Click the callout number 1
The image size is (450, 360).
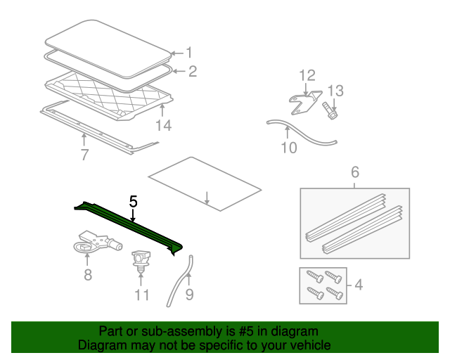[x=189, y=53]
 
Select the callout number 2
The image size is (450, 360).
[x=193, y=71]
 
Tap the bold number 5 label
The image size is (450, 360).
[x=133, y=202]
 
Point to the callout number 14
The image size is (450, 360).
[x=163, y=125]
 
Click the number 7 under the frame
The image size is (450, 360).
[x=84, y=155]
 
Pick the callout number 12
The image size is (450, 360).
[x=307, y=75]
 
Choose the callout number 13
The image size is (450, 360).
[x=335, y=91]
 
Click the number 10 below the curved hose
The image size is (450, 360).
[x=289, y=148]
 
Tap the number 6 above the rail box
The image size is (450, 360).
[x=355, y=172]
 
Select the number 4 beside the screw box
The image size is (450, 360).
[x=359, y=285]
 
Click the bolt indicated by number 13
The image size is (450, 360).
[x=330, y=111]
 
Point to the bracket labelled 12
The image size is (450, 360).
[x=304, y=103]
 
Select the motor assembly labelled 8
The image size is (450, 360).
[x=98, y=242]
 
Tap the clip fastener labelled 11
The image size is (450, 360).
[x=141, y=262]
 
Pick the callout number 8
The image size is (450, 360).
[x=88, y=275]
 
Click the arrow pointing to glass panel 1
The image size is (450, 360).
[x=177, y=53]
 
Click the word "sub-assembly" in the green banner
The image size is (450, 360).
[x=182, y=331]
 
